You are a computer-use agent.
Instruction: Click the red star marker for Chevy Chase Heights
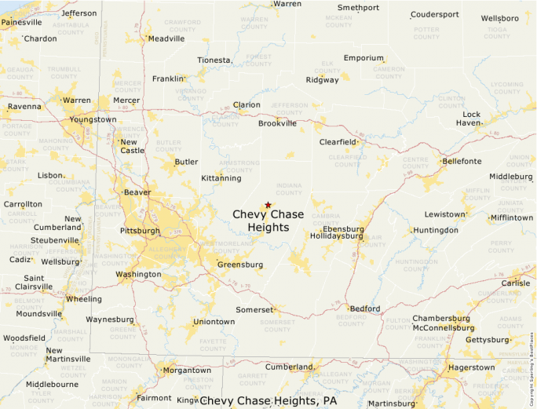(x=268, y=205)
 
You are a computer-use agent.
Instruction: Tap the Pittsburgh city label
(x=140, y=231)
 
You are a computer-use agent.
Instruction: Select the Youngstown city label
(x=93, y=119)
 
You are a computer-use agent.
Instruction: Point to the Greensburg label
(x=240, y=265)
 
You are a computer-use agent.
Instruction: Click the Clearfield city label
(x=338, y=142)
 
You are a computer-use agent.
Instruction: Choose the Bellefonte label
(x=462, y=161)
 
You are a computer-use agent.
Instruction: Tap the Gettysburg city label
(x=488, y=340)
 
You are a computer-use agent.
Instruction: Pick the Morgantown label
(x=187, y=371)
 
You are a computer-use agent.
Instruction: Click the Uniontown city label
(x=214, y=322)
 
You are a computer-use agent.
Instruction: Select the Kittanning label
(x=221, y=178)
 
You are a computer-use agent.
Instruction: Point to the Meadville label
(x=166, y=38)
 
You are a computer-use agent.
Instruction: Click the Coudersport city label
(x=434, y=14)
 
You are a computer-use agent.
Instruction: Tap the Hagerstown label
(x=471, y=367)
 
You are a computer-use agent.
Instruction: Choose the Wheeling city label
(x=83, y=299)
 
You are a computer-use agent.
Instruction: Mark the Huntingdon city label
(x=436, y=230)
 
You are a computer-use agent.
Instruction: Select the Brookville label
(x=278, y=123)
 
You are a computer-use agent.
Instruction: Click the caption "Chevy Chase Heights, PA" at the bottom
(x=268, y=401)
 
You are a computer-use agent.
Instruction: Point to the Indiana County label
(x=288, y=188)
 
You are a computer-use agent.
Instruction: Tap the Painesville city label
(x=22, y=23)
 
